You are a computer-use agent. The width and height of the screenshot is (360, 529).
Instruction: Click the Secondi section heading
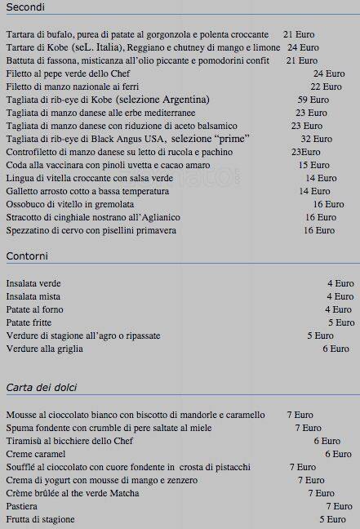(25, 7)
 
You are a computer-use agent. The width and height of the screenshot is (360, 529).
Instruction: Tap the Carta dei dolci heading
(42, 387)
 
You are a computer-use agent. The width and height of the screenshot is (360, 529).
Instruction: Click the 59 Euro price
(313, 100)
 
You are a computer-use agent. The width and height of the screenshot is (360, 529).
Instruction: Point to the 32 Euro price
(316, 139)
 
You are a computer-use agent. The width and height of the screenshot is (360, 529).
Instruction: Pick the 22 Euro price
(326, 87)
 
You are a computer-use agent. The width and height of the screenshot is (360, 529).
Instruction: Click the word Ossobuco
(28, 204)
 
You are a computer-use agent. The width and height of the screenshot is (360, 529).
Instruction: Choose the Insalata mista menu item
(33, 296)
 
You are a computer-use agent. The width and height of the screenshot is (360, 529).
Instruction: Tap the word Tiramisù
(27, 441)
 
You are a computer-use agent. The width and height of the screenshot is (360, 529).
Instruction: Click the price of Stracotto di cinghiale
(320, 217)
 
